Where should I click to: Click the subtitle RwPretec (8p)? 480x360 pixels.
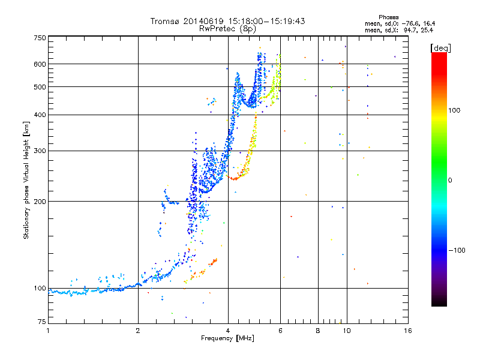[227, 29]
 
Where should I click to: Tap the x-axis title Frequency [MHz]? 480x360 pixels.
[227, 338]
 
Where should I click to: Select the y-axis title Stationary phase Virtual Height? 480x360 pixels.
[26, 181]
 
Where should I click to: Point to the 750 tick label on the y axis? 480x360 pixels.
[40, 38]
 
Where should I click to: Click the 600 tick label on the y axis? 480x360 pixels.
[40, 64]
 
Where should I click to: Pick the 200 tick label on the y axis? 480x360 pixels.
[40, 202]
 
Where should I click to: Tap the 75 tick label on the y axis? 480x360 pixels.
[42, 322]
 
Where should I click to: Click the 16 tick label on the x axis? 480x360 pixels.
[408, 331]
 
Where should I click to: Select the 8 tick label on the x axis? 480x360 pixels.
[318, 331]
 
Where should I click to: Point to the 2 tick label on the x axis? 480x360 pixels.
[138, 331]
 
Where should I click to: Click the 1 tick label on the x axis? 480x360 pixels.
[48, 331]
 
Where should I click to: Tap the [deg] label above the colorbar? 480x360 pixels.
[440, 48]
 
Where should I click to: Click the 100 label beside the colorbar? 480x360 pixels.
[454, 110]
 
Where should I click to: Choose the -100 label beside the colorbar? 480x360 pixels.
[457, 250]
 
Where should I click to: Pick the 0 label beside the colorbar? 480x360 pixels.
[450, 181]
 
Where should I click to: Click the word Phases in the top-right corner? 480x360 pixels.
[388, 17]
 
